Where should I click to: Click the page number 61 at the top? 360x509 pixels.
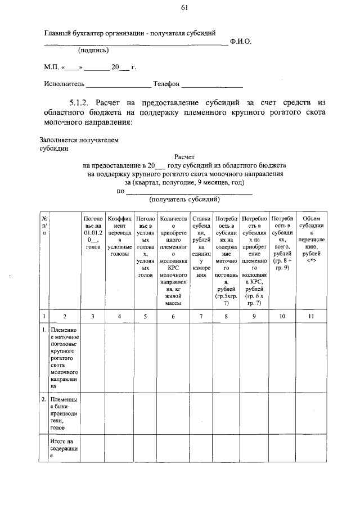pyautogui.click(x=184, y=7)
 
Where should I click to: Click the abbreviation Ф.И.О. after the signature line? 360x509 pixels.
pyautogui.click(x=241, y=42)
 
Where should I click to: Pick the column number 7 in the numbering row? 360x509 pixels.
pyautogui.click(x=201, y=317)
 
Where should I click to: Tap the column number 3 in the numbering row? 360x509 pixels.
pyautogui.click(x=92, y=317)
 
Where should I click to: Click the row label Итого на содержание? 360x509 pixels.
pyautogui.click(x=64, y=449)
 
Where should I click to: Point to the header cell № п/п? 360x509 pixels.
pyautogui.click(x=44, y=225)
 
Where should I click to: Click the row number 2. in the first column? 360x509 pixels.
pyautogui.click(x=44, y=399)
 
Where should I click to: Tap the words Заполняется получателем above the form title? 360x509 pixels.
pyautogui.click(x=79, y=140)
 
